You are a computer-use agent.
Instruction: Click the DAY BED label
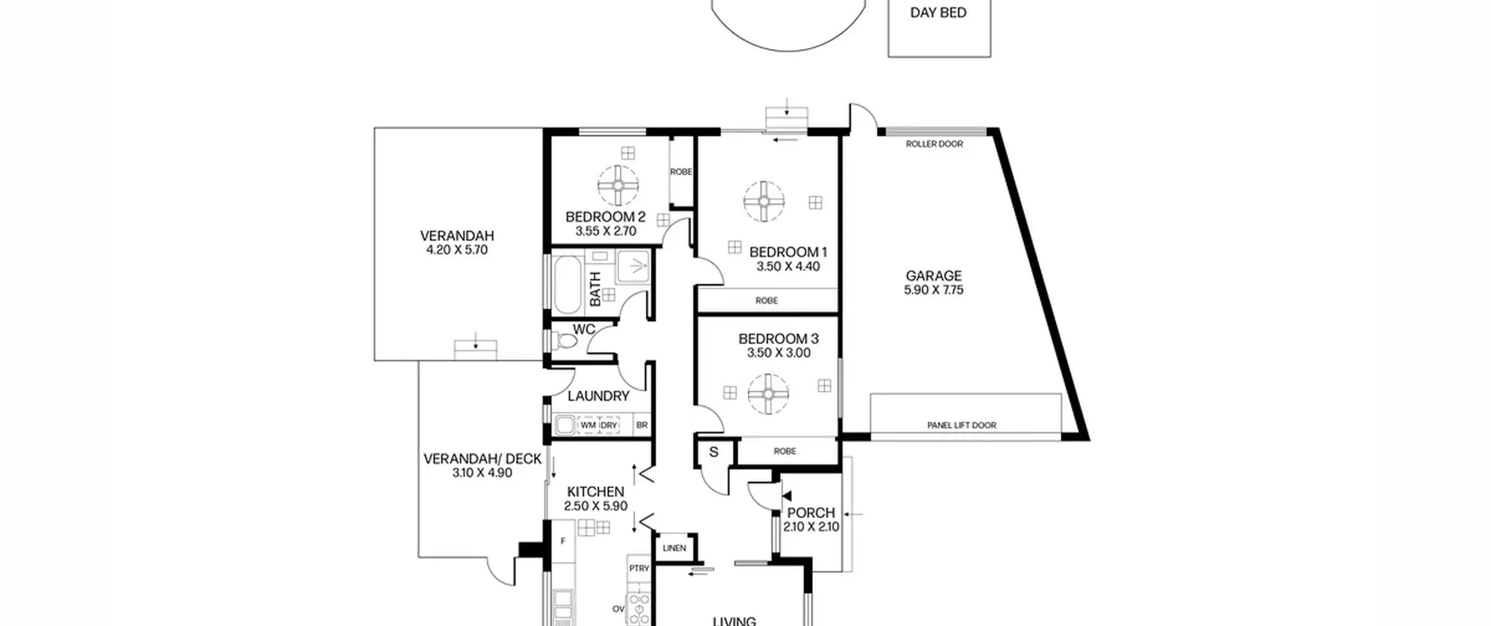point(938,13)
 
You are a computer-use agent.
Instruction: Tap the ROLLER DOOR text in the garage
point(934,144)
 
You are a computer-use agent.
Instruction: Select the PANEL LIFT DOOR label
point(962,425)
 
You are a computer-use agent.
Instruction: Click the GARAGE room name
point(934,275)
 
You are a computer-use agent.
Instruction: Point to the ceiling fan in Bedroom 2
point(618,186)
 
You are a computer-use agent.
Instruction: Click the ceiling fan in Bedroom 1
point(764,201)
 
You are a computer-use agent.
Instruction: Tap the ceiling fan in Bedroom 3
point(768,394)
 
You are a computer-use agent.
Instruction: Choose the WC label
point(584,330)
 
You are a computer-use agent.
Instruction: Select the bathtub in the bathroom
point(567,285)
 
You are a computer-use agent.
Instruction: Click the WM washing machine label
point(588,426)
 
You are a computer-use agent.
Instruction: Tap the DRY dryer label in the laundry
point(609,426)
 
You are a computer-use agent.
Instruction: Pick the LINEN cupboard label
point(674,548)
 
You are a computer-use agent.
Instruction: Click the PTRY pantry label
point(639,568)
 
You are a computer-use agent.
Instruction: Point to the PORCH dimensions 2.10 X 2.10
point(811,527)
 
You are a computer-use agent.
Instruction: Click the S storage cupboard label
point(713,452)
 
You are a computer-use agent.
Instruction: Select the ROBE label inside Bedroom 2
point(681,172)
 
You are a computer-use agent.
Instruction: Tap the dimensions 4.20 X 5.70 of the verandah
point(457,250)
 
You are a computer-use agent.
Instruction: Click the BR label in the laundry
point(642,426)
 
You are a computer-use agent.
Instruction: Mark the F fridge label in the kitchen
point(563,541)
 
